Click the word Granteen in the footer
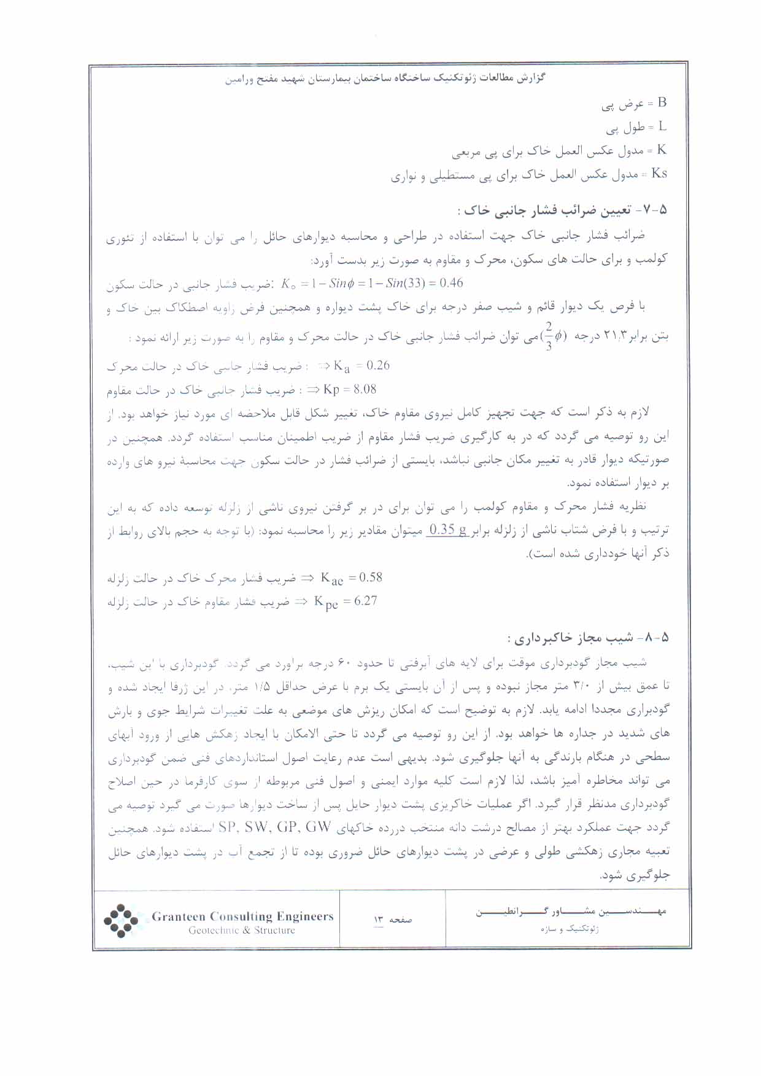point(178,916)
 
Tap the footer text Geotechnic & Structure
point(241,931)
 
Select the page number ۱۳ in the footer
point(379,919)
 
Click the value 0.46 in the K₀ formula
point(451,283)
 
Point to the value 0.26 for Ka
point(377,366)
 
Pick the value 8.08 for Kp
point(365,389)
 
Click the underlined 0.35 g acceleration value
point(448,530)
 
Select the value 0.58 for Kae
point(370,578)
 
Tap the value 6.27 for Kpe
point(365,601)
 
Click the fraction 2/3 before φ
point(548,336)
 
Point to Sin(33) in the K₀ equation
point(406,283)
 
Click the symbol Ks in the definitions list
point(659,174)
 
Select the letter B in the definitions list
point(662,103)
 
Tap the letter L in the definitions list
point(662,126)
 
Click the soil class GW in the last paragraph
point(318,827)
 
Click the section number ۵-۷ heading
point(654,210)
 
